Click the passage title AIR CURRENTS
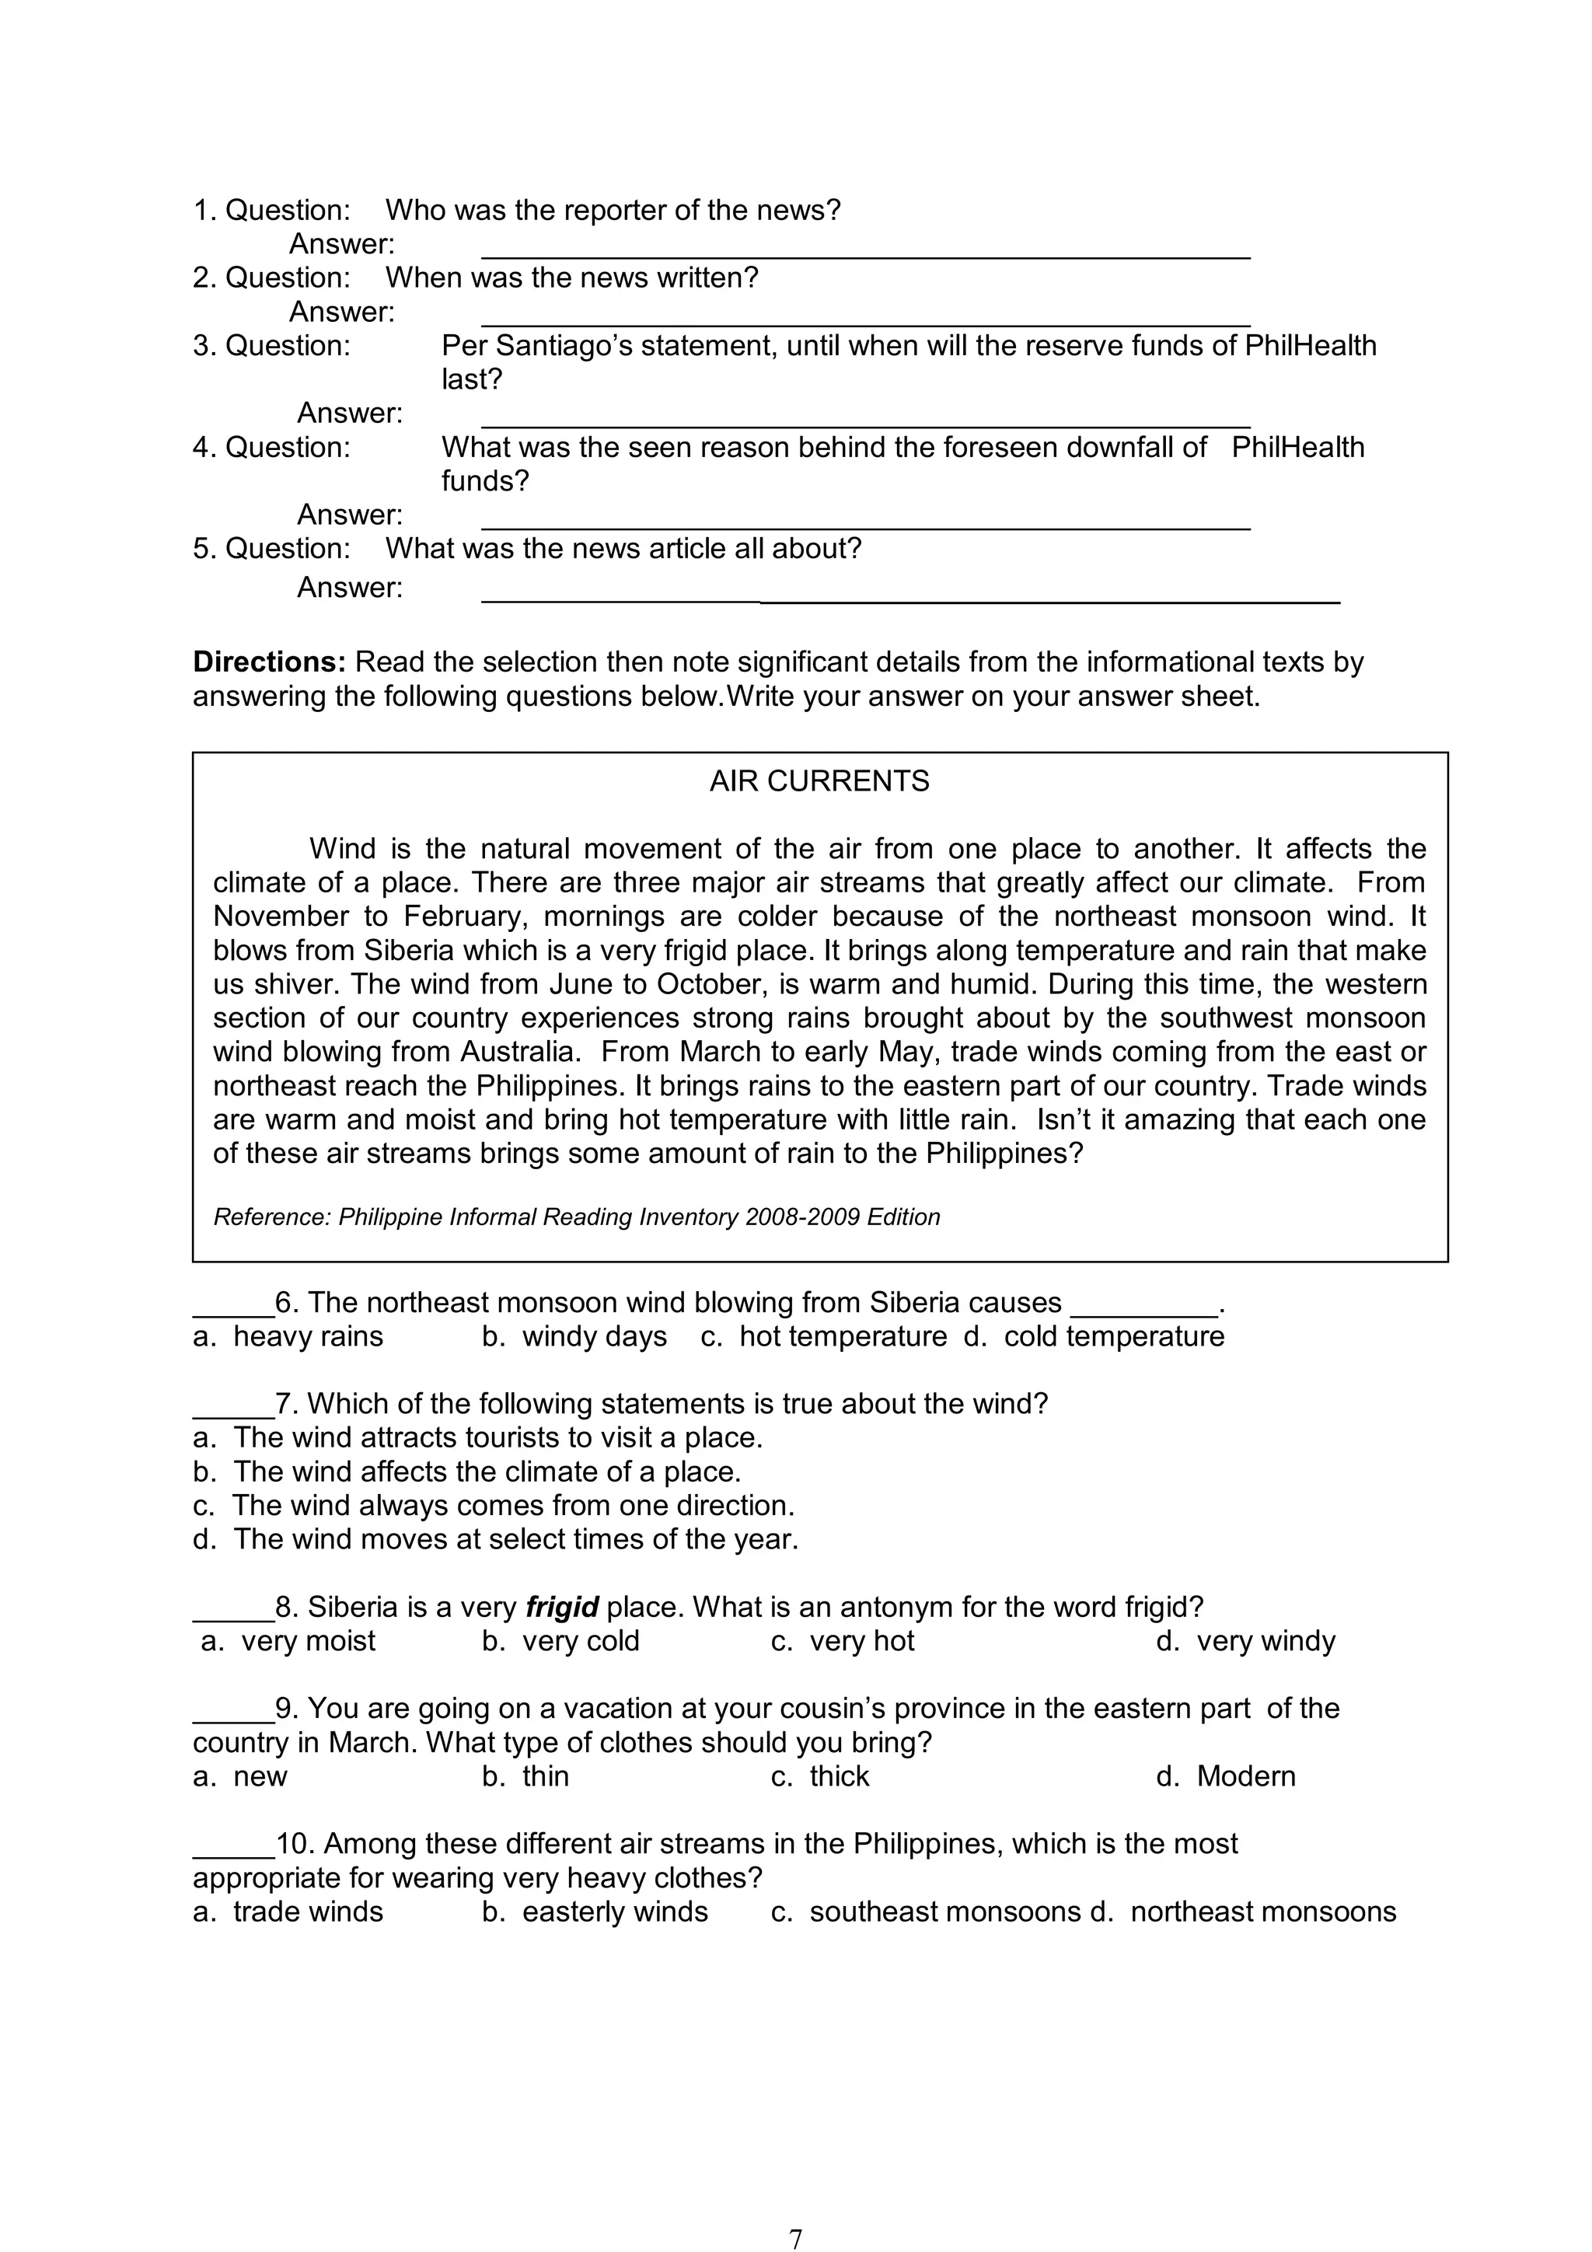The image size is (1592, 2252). (x=819, y=782)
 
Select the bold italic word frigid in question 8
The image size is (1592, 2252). (x=562, y=1608)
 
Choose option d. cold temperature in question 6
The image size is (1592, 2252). (x=1094, y=1337)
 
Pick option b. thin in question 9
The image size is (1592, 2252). (x=525, y=1776)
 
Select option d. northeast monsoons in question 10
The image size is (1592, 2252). (x=1243, y=1912)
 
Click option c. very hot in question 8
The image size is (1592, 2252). (x=843, y=1641)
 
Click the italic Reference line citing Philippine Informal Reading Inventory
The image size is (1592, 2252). (x=577, y=1217)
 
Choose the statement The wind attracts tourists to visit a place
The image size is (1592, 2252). (x=478, y=1438)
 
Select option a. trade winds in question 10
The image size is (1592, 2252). (x=288, y=1912)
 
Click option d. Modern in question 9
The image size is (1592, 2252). (x=1226, y=1776)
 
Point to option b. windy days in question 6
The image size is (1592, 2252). (x=574, y=1337)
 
